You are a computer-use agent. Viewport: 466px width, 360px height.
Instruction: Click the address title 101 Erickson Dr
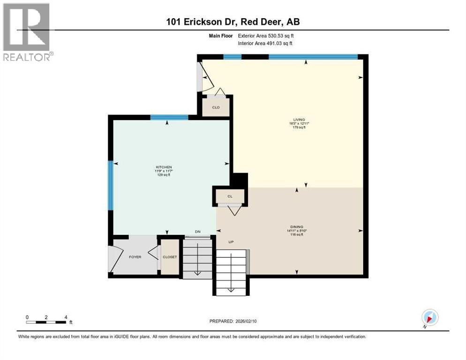(x=233, y=22)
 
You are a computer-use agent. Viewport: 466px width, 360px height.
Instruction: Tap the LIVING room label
(x=299, y=120)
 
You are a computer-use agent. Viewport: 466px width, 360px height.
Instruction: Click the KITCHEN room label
(x=164, y=167)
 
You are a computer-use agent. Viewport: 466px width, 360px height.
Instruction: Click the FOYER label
(x=135, y=257)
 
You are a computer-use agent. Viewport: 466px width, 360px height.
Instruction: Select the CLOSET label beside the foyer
(x=169, y=257)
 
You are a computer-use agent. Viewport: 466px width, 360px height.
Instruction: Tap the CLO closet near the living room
(x=216, y=107)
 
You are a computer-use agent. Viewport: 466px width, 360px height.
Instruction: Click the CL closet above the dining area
(x=230, y=196)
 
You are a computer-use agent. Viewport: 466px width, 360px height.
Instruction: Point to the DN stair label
(x=197, y=232)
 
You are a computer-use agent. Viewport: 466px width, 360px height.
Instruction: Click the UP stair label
(x=231, y=242)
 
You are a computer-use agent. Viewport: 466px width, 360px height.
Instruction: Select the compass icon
(x=429, y=317)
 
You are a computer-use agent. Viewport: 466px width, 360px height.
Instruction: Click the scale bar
(x=46, y=322)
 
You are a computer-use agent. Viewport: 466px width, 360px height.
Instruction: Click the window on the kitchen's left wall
(x=111, y=185)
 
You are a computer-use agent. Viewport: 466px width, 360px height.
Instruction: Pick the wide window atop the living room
(x=313, y=57)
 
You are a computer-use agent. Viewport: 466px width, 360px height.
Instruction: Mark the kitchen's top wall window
(x=169, y=117)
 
